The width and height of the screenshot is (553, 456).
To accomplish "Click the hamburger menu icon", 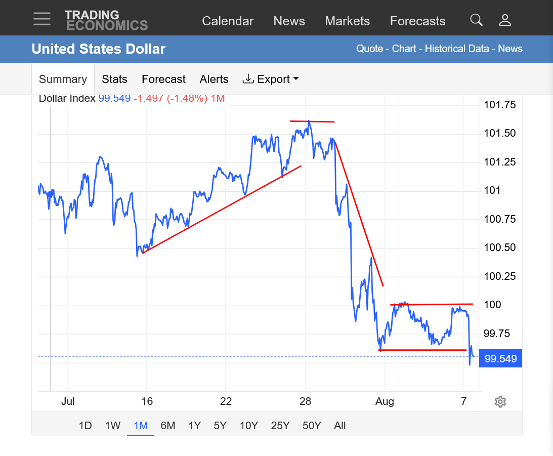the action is (x=42, y=19).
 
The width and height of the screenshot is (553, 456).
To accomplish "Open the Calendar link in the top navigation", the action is (x=228, y=21).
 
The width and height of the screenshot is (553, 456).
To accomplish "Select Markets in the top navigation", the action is (x=348, y=21).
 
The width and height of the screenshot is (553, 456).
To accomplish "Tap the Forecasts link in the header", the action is (x=417, y=21).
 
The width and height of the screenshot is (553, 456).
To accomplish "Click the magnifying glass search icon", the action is (x=476, y=20).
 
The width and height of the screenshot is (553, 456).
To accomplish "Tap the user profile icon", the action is (x=505, y=20).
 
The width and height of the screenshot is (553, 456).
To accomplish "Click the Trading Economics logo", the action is (x=106, y=20).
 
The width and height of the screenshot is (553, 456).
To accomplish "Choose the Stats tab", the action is (x=115, y=79).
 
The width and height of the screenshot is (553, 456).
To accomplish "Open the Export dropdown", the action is (x=271, y=79).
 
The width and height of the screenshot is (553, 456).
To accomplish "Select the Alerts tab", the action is (x=214, y=79).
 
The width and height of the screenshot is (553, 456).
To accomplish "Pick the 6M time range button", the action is (x=168, y=426).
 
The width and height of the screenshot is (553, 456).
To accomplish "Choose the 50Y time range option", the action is (x=312, y=426).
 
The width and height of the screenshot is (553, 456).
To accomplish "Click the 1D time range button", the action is (x=86, y=426).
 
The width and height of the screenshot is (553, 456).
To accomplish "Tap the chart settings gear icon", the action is (x=500, y=402).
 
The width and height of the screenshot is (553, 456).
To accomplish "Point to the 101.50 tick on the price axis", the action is (x=500, y=133).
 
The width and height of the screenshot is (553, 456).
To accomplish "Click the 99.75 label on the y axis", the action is (x=497, y=334).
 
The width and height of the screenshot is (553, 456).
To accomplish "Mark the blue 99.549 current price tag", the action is (x=500, y=359).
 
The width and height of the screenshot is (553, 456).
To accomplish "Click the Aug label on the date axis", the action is (x=385, y=401).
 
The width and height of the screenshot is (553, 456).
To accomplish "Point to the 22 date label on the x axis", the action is (x=226, y=401).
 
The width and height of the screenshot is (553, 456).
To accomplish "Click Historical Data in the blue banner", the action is (x=457, y=49).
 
